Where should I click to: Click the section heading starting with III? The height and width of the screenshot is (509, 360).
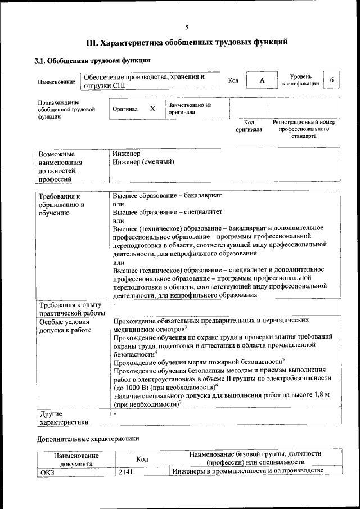click(187, 42)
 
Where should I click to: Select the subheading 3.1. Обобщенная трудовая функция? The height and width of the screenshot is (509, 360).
click(93, 60)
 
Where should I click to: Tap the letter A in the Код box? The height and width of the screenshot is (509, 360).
click(262, 80)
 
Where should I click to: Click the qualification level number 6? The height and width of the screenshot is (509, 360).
click(332, 80)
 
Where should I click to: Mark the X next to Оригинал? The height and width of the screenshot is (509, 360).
click(152, 109)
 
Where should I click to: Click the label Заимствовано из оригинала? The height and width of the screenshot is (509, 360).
click(189, 109)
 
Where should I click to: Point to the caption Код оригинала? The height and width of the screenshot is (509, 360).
click(249, 126)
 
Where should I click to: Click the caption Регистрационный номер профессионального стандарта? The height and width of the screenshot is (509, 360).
click(304, 129)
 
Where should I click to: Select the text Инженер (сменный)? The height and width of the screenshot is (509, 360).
click(143, 162)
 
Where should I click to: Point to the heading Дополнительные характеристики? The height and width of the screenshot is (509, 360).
click(88, 438)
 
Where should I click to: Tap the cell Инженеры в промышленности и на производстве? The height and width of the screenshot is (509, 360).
click(247, 471)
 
